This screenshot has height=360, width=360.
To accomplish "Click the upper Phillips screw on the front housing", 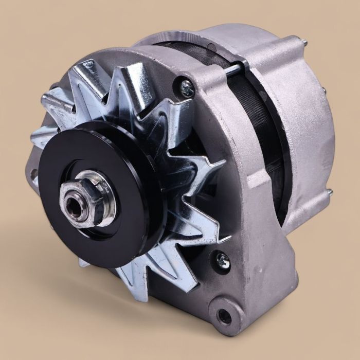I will tap(187, 87).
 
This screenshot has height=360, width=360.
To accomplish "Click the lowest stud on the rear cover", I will tap(329, 192).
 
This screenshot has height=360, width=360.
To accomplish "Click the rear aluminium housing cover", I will tap(303, 123).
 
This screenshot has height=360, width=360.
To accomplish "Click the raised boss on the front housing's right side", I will tap(257, 180).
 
